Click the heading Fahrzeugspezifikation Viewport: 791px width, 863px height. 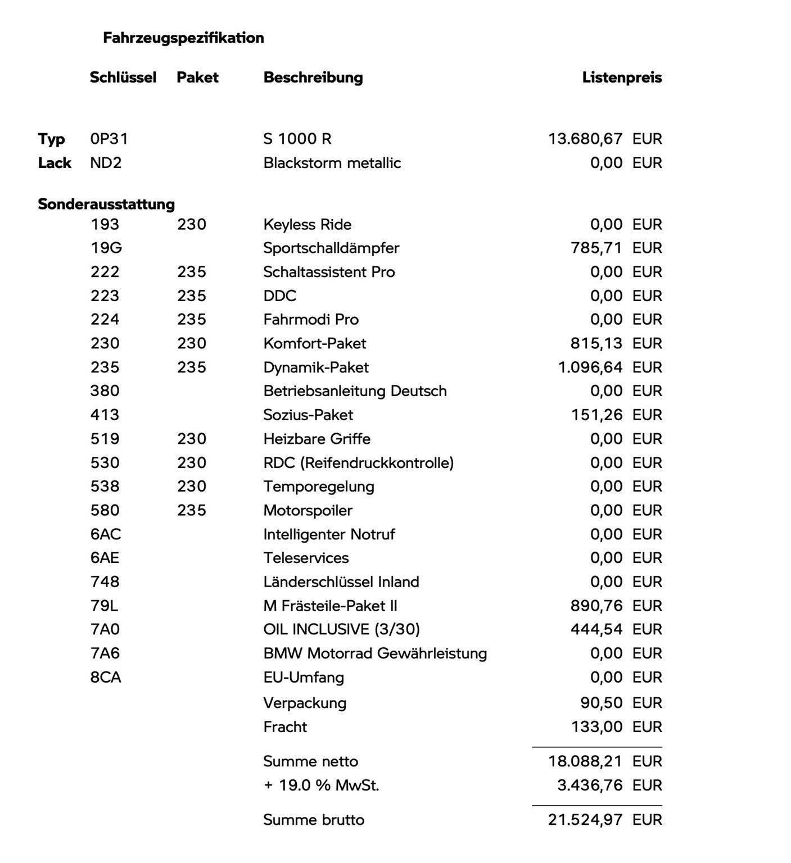[x=183, y=38]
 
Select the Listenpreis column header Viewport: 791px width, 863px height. [x=622, y=78]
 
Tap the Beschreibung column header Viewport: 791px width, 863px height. [x=313, y=78]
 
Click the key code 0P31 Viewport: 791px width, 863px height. [x=109, y=139]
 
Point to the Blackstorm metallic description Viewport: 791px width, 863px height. [x=332, y=163]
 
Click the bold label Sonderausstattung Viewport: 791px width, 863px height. [x=106, y=204]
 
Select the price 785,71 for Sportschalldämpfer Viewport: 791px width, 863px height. [x=596, y=248]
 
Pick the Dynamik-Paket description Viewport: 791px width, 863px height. [x=316, y=367]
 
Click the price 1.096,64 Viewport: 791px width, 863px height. [x=590, y=367]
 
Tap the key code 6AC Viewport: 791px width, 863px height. [x=106, y=534]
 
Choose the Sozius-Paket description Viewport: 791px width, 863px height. [x=308, y=415]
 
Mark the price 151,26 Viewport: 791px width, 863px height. [x=596, y=415]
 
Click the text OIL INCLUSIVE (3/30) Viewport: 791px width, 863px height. [x=341, y=629]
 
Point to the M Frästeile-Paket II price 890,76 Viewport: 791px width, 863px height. [x=596, y=606]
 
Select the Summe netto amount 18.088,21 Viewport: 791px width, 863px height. [x=585, y=761]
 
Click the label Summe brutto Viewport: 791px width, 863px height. [x=314, y=820]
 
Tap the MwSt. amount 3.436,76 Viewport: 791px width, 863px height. [x=590, y=785]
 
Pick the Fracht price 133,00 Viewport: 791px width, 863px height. [x=596, y=727]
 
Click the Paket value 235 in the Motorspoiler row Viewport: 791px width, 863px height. [x=192, y=510]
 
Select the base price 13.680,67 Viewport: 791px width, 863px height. [x=585, y=139]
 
